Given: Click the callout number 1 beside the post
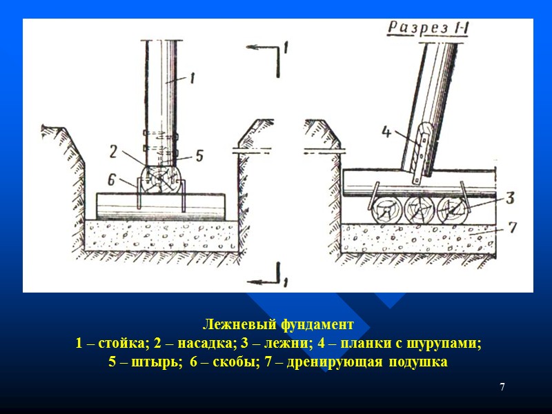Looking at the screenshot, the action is click(x=192, y=79).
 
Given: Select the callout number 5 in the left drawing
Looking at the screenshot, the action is click(x=199, y=155).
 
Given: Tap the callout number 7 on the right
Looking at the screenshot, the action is click(x=509, y=226).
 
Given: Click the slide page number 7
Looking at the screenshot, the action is click(x=502, y=387).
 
